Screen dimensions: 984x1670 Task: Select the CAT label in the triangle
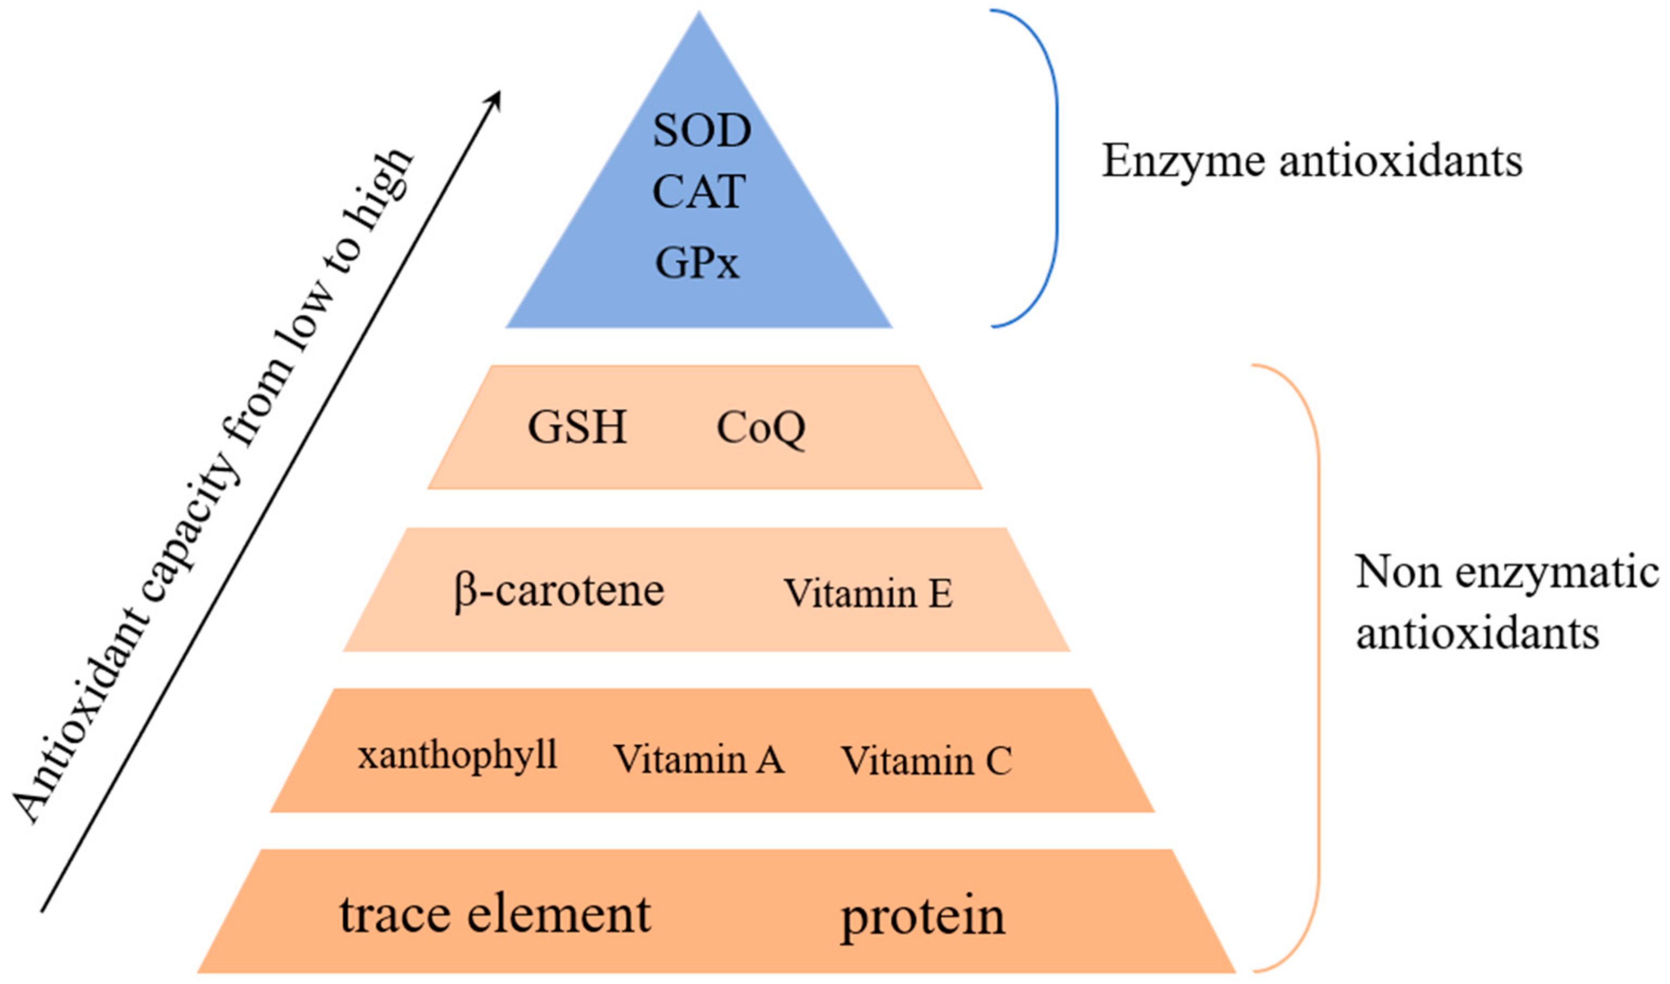699,192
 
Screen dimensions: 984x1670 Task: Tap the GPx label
697,263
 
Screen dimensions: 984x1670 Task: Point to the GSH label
577,427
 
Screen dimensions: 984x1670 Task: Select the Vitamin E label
868,593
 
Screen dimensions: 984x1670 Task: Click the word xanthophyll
458,756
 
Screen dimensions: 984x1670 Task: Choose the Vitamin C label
927,760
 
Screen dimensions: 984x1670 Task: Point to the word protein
923,917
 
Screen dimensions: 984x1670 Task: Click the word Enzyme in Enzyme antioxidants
1183,161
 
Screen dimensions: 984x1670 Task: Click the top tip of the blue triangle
699,15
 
